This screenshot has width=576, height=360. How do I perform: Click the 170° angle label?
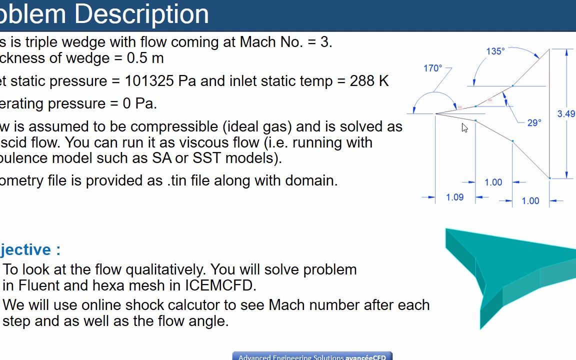pyautogui.click(x=432, y=68)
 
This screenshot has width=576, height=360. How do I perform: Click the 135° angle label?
pyautogui.click(x=495, y=51)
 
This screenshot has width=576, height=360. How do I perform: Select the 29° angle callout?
pyautogui.click(x=534, y=122)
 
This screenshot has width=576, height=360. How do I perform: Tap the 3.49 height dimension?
pyautogui.click(x=566, y=114)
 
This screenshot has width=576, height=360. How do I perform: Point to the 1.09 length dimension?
pyautogui.click(x=454, y=197)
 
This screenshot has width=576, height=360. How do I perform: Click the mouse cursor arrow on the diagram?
pyautogui.click(x=464, y=127)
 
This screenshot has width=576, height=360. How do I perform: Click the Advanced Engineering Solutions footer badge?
pyautogui.click(x=312, y=356)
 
